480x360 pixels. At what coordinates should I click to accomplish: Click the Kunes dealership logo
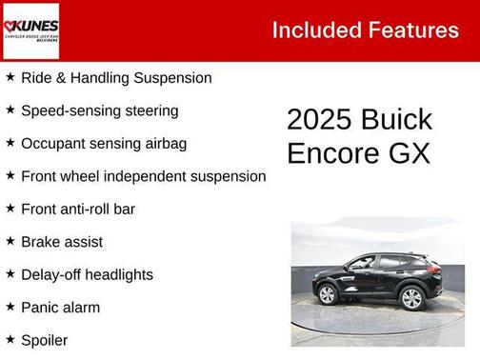[x=30, y=30]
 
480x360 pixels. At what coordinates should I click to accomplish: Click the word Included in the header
[x=313, y=30]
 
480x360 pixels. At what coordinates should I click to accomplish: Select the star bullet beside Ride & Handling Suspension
[x=10, y=77]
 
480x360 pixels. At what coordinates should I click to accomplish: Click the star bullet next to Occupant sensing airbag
[x=10, y=143]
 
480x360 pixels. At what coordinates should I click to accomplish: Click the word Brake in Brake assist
[x=41, y=242]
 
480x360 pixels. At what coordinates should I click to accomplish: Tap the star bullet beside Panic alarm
[x=10, y=307]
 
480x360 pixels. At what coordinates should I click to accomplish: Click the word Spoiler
[x=44, y=340]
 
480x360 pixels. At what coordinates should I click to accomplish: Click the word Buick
[x=397, y=120]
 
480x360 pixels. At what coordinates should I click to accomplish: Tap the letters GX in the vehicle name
[x=412, y=153]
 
